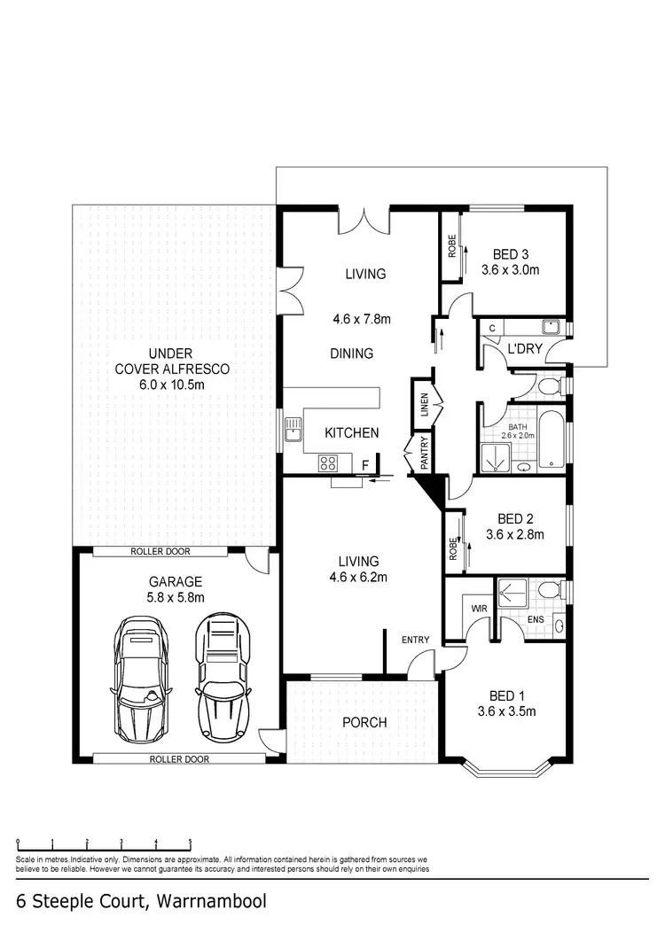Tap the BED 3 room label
click(x=510, y=252)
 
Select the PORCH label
click(x=364, y=722)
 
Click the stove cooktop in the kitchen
click(x=327, y=462)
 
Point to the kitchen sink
click(x=293, y=433)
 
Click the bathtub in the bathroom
click(x=552, y=437)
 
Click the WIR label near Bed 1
click(x=479, y=610)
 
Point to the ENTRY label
click(x=415, y=640)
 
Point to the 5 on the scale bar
click(x=190, y=843)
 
